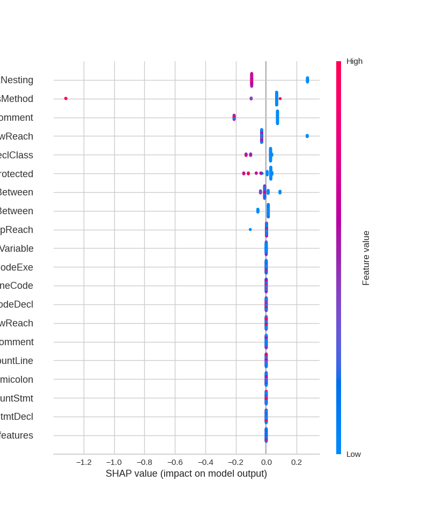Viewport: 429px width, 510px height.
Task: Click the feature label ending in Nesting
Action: click(x=17, y=80)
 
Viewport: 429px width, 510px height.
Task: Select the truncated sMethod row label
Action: click(x=17, y=99)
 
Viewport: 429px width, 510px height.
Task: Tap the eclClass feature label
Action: click(x=17, y=155)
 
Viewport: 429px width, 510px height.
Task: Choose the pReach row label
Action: click(x=17, y=230)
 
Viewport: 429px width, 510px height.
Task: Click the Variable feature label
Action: click(x=17, y=249)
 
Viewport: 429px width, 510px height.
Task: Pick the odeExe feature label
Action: click(x=17, y=267)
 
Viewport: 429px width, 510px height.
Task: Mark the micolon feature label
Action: click(x=17, y=380)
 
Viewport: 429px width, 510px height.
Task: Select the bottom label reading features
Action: click(x=17, y=435)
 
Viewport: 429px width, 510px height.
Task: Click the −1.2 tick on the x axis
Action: click(x=84, y=462)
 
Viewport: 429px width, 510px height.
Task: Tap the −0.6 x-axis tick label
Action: click(x=175, y=462)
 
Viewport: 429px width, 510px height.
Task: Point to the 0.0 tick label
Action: click(x=266, y=462)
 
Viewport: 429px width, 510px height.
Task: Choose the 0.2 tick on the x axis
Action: click(x=297, y=462)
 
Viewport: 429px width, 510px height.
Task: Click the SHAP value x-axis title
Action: click(x=186, y=473)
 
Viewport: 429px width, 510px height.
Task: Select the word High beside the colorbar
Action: click(x=354, y=61)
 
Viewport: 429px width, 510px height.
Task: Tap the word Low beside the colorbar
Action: click(x=353, y=454)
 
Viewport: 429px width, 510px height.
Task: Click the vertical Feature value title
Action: click(x=366, y=258)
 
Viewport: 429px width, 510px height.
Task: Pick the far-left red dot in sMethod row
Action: click(x=66, y=98)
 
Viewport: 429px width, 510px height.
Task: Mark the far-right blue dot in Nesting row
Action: click(x=307, y=79)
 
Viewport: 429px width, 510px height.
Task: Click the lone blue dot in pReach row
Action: click(x=250, y=229)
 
